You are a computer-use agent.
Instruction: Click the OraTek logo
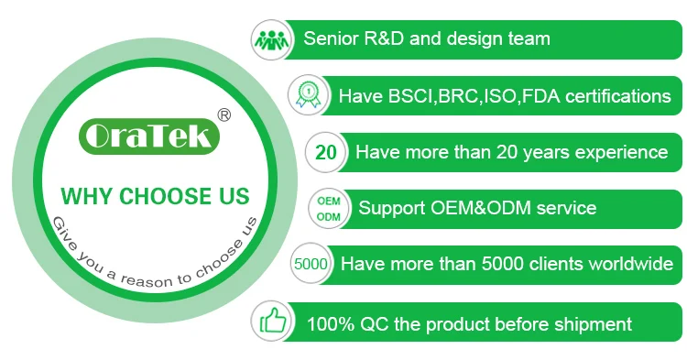[x=149, y=136]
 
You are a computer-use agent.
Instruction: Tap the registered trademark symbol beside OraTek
[x=224, y=115]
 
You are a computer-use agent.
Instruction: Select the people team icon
[x=272, y=40]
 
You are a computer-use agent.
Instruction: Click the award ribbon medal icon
[x=308, y=95]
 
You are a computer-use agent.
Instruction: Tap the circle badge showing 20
[x=325, y=152]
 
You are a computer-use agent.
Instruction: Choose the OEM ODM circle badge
[x=329, y=209]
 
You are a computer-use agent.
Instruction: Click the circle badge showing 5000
[x=311, y=264]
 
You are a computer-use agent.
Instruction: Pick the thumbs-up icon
[x=272, y=322]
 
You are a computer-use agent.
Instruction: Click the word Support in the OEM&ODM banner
[x=392, y=209]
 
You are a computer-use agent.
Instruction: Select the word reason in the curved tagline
[x=147, y=280]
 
